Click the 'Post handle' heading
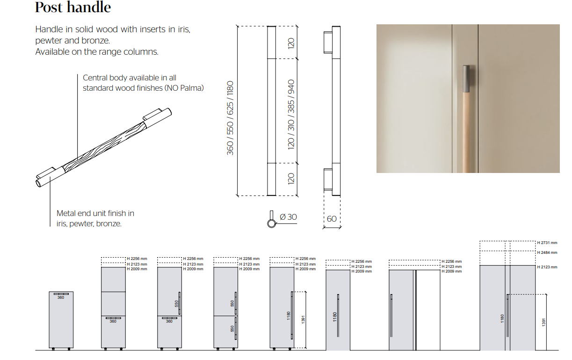73,7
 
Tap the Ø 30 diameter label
288,217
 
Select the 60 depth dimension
332,219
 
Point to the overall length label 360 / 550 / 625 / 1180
230,118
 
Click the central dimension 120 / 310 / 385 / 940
291,115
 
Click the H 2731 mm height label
547,243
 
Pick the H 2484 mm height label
547,252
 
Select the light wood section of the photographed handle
467,132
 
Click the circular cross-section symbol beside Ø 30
271,223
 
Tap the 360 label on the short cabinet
61,297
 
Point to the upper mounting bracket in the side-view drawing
328,43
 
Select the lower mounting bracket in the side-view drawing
328,180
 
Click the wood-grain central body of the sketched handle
105,147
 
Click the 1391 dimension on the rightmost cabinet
543,322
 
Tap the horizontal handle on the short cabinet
61,294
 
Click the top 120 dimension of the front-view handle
291,43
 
